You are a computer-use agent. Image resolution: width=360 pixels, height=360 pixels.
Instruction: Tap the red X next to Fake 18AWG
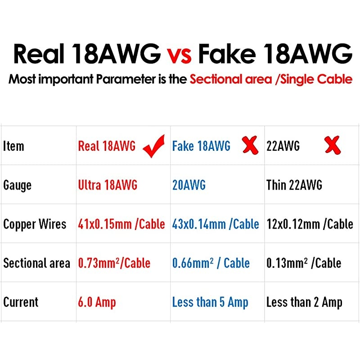[250, 145]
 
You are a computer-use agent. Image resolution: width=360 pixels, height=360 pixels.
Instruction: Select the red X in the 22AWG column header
[333, 145]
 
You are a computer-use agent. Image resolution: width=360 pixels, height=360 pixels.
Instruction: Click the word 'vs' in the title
[179, 54]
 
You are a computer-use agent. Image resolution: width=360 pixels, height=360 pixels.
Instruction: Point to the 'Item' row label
[13, 146]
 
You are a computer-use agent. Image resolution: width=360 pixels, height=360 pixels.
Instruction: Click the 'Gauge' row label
[17, 185]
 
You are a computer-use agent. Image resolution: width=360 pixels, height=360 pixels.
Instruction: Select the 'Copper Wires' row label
[35, 224]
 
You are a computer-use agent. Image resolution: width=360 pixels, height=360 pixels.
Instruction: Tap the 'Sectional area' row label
[36, 263]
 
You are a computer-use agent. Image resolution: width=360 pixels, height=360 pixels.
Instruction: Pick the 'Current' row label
[21, 302]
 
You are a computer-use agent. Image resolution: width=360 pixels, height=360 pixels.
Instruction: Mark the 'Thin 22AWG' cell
[294, 185]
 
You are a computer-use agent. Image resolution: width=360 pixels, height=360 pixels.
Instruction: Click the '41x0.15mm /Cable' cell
[121, 224]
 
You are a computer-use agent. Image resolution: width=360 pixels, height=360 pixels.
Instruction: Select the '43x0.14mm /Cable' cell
[216, 224]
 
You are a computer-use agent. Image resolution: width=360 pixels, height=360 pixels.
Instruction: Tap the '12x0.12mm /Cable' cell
[310, 224]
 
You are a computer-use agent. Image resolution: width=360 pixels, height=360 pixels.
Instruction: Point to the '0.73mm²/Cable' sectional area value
[114, 263]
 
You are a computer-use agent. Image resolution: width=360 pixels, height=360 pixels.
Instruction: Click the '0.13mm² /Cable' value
[304, 263]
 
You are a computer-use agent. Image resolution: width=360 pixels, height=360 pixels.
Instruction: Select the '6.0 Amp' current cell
[97, 302]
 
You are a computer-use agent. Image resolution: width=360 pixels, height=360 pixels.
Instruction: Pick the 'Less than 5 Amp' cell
[210, 302]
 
